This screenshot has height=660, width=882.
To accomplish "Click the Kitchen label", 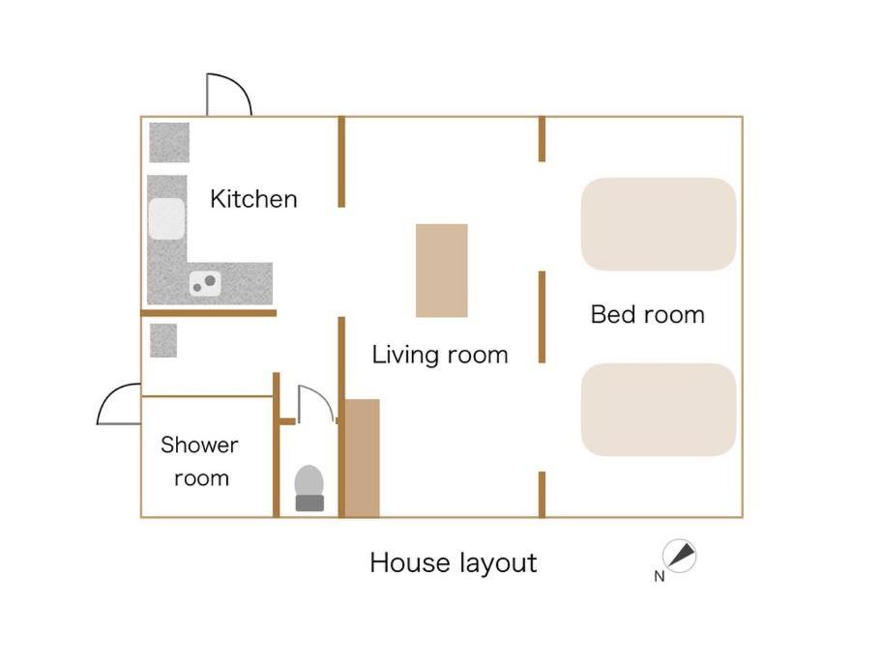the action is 253,199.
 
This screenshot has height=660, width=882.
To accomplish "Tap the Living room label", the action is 440,355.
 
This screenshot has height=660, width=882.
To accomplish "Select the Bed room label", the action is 647,314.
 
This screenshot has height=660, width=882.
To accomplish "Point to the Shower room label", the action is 199,461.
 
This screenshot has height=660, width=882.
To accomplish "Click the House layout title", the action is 454,563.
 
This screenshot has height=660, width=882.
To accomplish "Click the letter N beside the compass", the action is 660,576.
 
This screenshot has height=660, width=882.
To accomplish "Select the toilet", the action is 309,488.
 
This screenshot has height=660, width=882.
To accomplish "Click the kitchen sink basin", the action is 166,218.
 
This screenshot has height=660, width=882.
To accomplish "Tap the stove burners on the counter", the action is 205,283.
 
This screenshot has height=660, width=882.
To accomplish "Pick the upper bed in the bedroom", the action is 659,224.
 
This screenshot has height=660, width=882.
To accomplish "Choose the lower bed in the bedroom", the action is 659,410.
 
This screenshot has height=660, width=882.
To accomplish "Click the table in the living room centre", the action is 442,271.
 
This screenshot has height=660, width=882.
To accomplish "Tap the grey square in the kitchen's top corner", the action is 169,142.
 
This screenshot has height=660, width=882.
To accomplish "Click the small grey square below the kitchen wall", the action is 163,341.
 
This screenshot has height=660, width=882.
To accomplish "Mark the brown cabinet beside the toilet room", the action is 363,458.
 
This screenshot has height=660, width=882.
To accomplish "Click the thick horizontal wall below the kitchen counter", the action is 209,313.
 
